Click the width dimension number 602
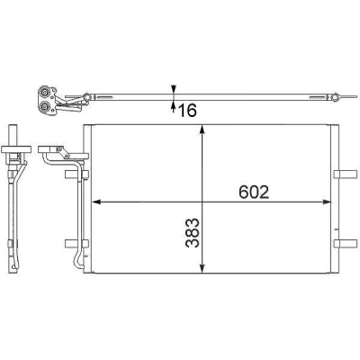click(254, 193)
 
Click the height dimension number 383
click(193, 232)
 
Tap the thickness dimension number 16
click(187, 110)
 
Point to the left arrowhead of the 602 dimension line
click(96, 202)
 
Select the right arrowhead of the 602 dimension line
click(326, 202)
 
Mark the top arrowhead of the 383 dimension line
click(202, 130)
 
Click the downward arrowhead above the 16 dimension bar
click(174, 89)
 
